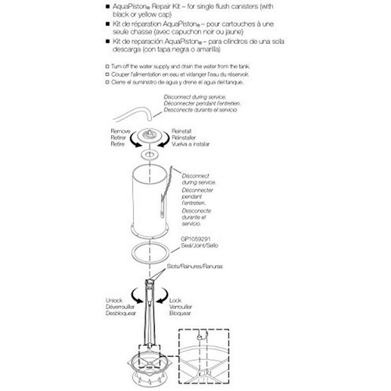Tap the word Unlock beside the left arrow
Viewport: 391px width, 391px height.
114,300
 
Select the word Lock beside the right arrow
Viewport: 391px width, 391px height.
175,300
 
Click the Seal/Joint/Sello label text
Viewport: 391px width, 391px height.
196,245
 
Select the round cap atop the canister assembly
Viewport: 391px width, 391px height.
149,136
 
